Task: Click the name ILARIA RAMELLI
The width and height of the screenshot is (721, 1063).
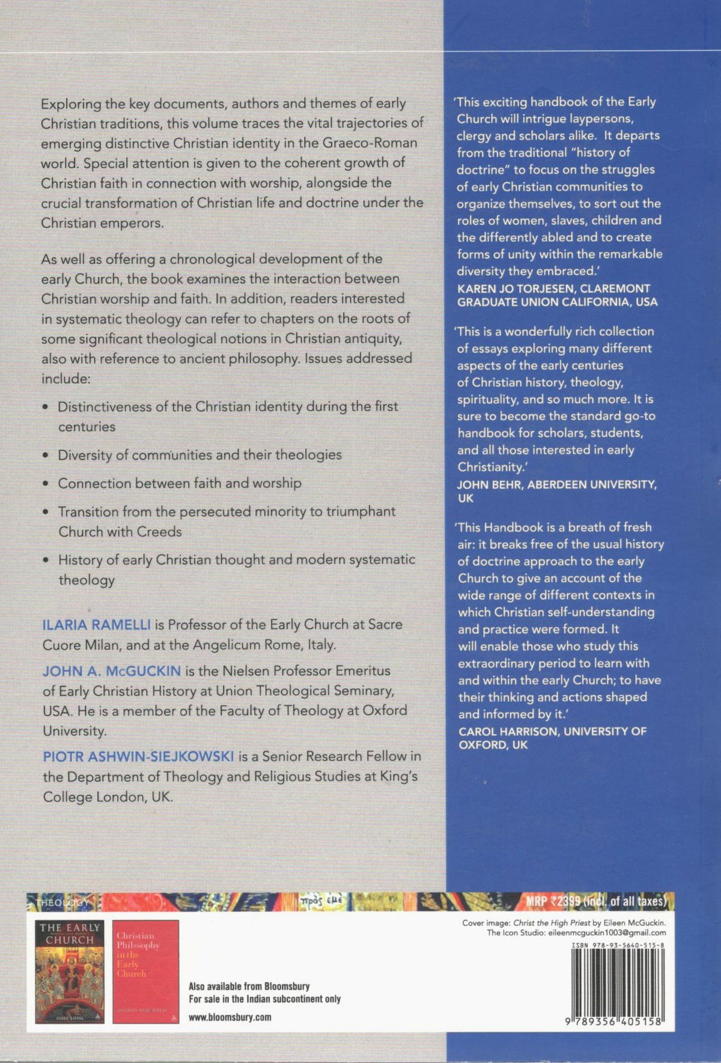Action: tap(96, 625)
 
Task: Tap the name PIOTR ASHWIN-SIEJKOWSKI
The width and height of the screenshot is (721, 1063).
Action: tap(138, 756)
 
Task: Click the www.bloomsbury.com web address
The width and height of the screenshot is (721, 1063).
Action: tap(230, 1017)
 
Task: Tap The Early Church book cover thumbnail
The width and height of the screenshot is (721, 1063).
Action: tap(70, 971)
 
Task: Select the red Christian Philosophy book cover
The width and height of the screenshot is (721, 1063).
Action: tap(145, 971)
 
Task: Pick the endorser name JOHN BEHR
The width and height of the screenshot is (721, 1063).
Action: tap(490, 484)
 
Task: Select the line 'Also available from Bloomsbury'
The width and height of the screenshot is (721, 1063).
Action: tap(249, 986)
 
